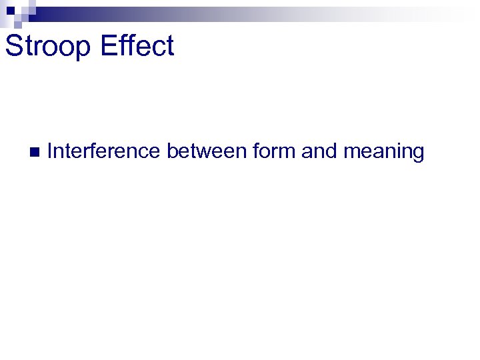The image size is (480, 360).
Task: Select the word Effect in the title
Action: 139,46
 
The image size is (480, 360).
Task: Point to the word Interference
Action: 103,151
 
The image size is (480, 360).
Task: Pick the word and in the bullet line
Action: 319,151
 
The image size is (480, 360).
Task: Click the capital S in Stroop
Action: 13,46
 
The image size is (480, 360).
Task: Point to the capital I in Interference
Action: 51,151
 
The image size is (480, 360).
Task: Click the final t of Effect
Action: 170,47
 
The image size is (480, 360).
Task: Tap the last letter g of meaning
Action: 418,154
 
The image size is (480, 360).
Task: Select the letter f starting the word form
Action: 256,151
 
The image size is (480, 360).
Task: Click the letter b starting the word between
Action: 172,151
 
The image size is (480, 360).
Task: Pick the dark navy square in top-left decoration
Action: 11,11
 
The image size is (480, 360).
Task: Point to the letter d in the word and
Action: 329,151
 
